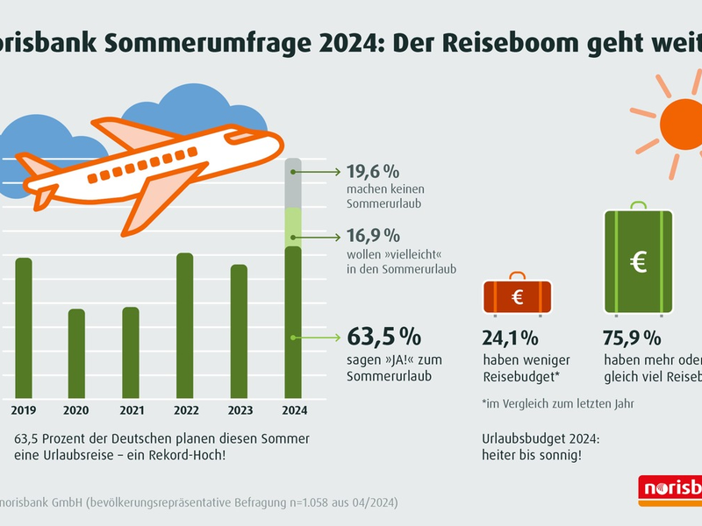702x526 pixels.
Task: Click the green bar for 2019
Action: point(24,328)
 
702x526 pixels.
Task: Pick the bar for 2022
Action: point(185,325)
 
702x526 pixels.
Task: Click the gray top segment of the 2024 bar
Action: point(294,183)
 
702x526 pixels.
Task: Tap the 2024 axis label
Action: point(294,409)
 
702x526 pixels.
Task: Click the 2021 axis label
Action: point(131,409)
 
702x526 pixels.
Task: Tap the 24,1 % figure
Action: point(510,338)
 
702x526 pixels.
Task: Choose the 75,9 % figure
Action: point(632,338)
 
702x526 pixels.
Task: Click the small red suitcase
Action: point(518,296)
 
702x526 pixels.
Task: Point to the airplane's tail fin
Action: point(39,167)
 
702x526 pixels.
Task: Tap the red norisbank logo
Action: point(671,489)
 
